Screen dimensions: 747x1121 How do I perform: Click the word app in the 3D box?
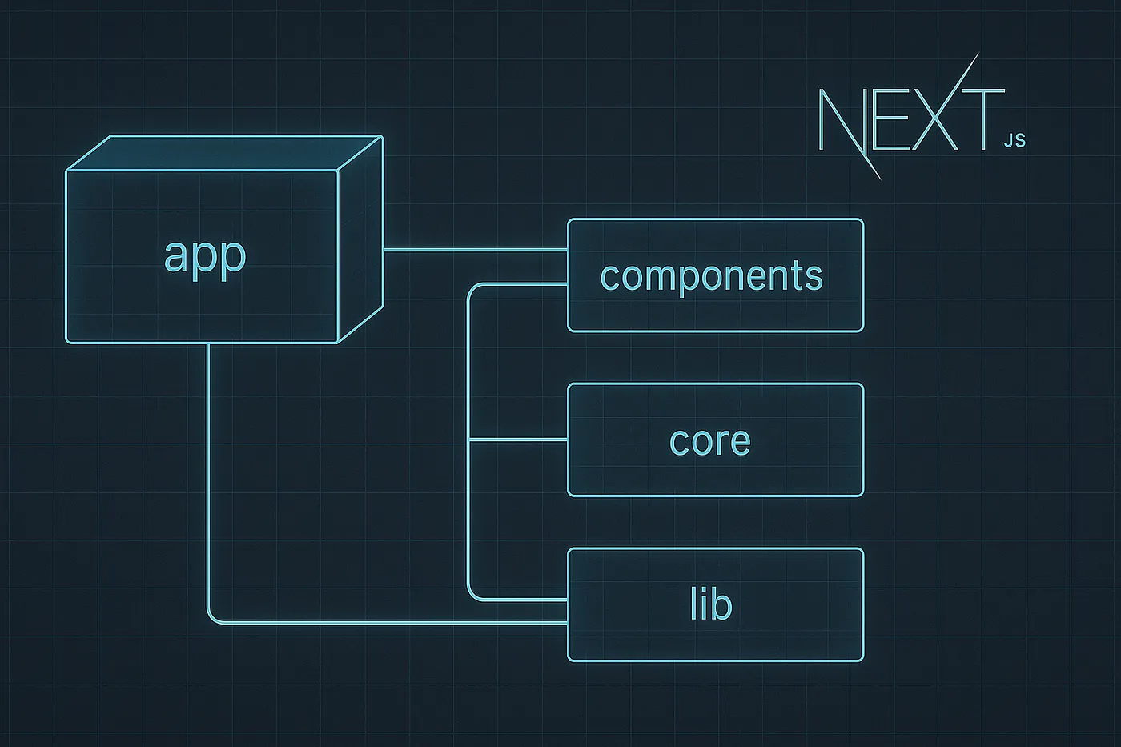(x=204, y=256)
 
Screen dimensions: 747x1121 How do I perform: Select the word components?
(x=711, y=276)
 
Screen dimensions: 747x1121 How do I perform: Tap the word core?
(x=710, y=441)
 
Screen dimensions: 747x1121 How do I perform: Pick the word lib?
(x=711, y=604)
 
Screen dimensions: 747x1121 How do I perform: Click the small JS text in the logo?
(x=1014, y=141)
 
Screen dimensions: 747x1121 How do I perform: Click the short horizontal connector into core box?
(x=518, y=440)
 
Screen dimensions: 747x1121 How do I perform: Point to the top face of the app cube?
(x=224, y=153)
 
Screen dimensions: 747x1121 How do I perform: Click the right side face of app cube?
(x=360, y=240)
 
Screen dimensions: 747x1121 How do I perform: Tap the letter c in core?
(x=679, y=443)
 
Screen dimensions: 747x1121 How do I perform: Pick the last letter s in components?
(x=815, y=278)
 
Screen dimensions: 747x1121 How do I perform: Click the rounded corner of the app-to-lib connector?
(x=212, y=617)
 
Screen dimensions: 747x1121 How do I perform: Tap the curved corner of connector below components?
(x=472, y=289)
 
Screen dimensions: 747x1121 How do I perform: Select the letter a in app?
(x=175, y=256)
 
